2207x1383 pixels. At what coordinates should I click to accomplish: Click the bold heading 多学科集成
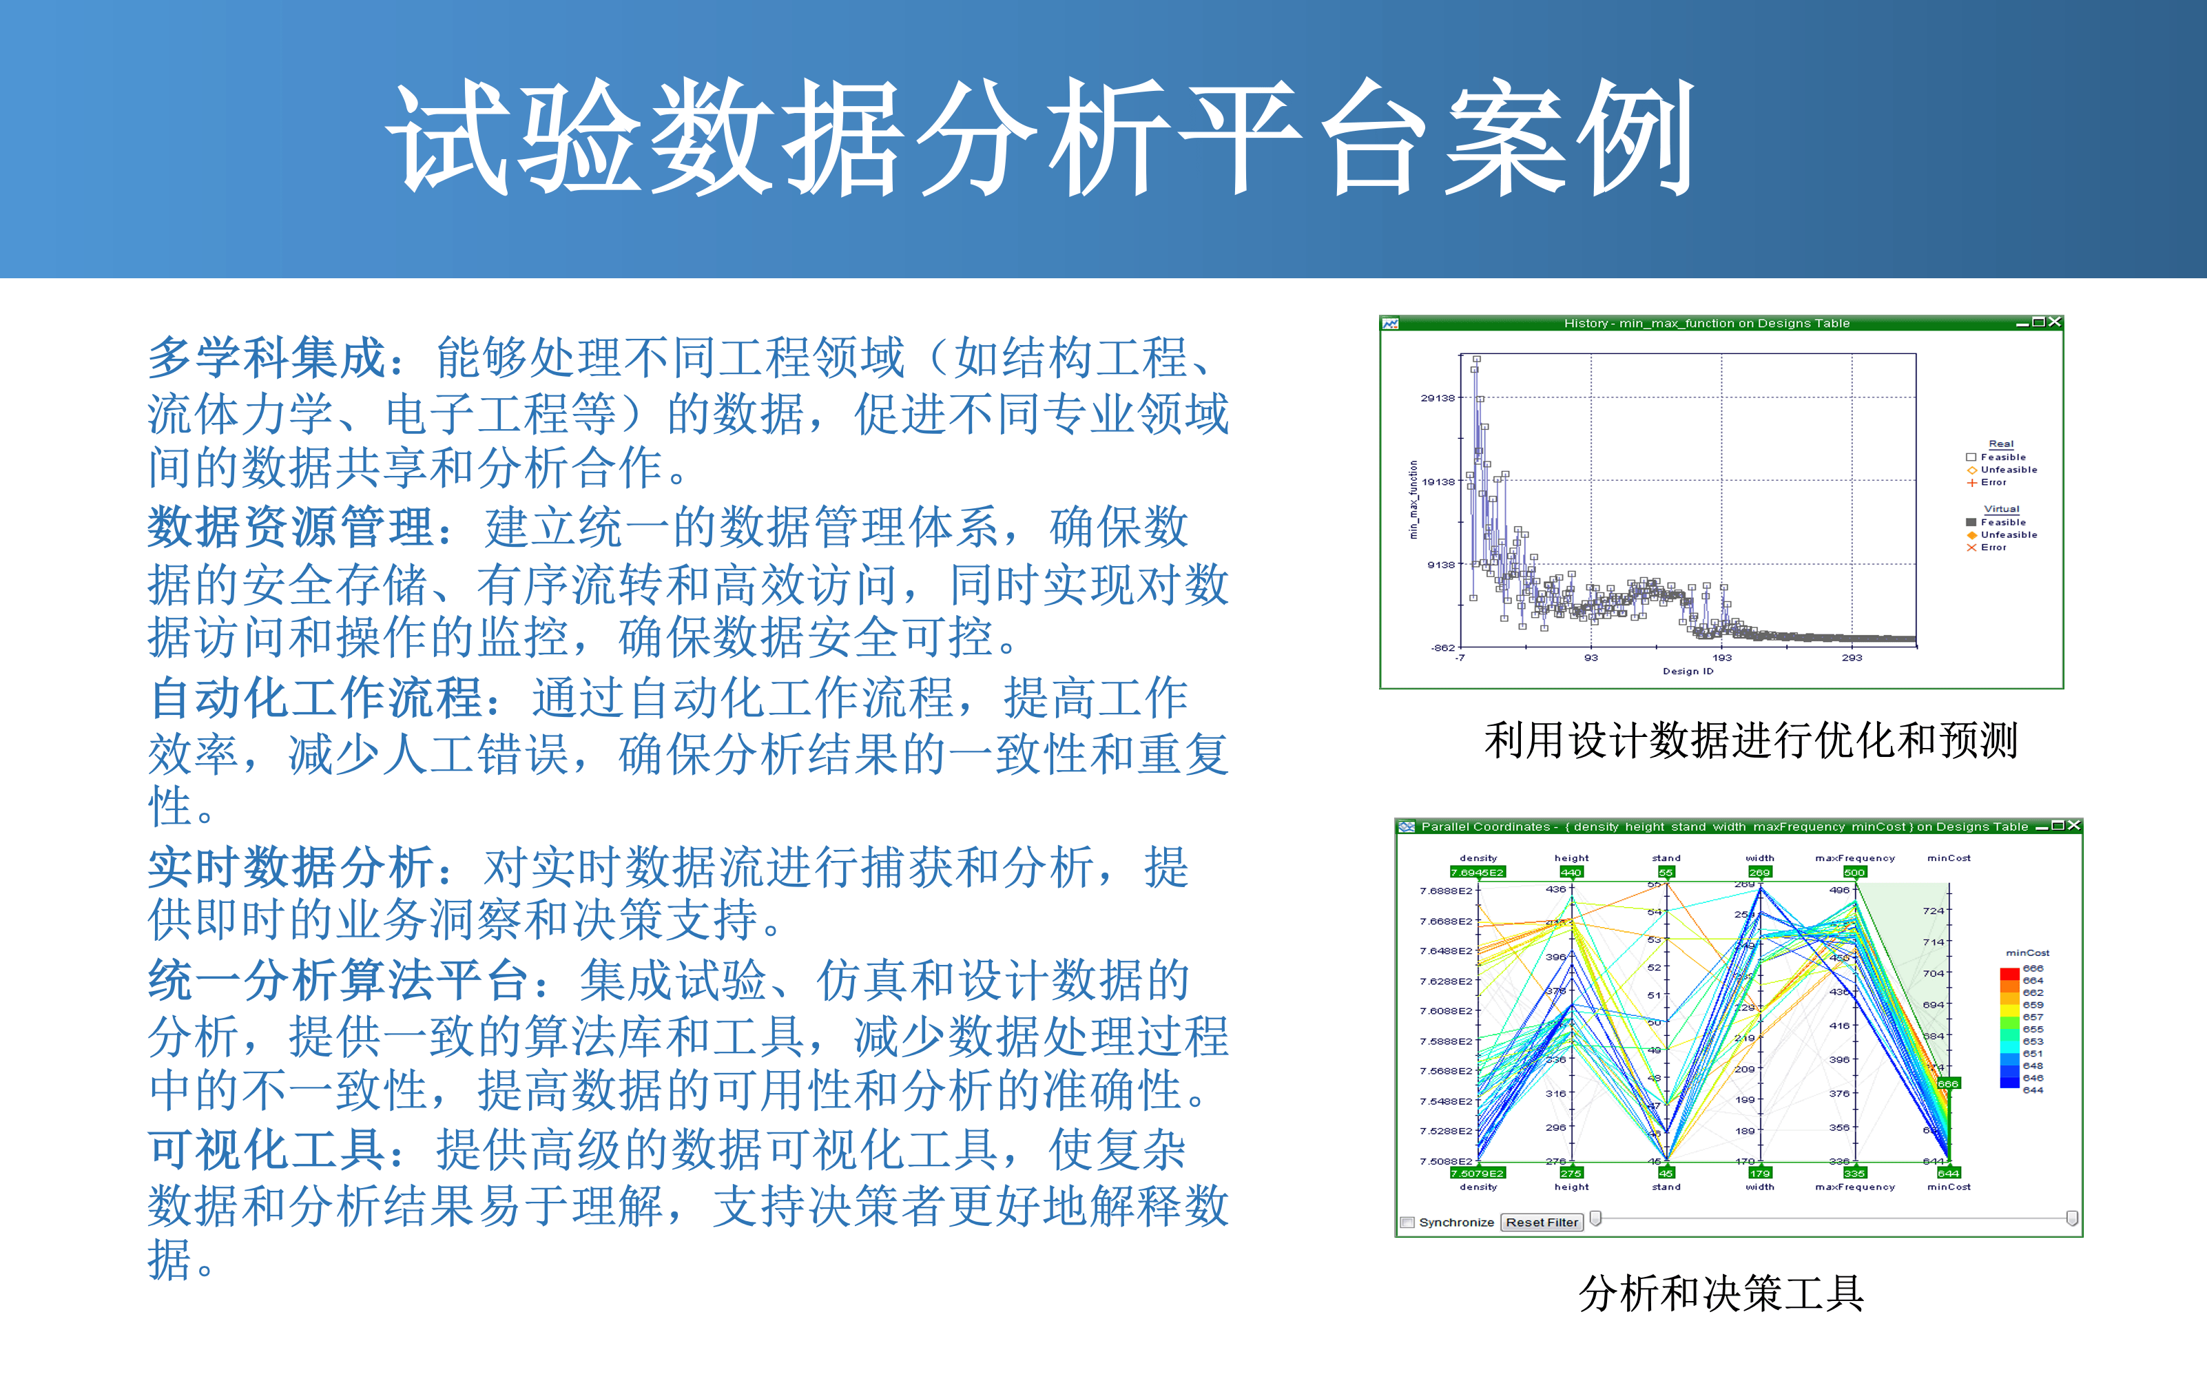[x=267, y=357]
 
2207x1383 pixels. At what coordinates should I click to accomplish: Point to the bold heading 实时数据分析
[x=291, y=867]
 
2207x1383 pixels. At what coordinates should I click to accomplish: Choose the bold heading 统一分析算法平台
[x=338, y=981]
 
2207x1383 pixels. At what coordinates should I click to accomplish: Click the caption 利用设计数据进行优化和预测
[x=1750, y=740]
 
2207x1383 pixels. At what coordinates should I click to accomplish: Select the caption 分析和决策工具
[x=1721, y=1293]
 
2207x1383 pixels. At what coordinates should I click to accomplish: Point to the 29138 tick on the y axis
[x=1437, y=398]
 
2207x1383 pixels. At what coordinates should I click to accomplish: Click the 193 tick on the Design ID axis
[x=1721, y=658]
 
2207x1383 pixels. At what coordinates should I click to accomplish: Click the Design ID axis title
[x=1688, y=672]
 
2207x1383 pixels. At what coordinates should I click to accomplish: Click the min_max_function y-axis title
[x=1413, y=499]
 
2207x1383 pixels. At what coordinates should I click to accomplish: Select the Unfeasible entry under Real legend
[x=2008, y=469]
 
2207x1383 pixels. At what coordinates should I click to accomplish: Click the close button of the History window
[x=2054, y=322]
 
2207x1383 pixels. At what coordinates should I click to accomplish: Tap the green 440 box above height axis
[x=1571, y=873]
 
